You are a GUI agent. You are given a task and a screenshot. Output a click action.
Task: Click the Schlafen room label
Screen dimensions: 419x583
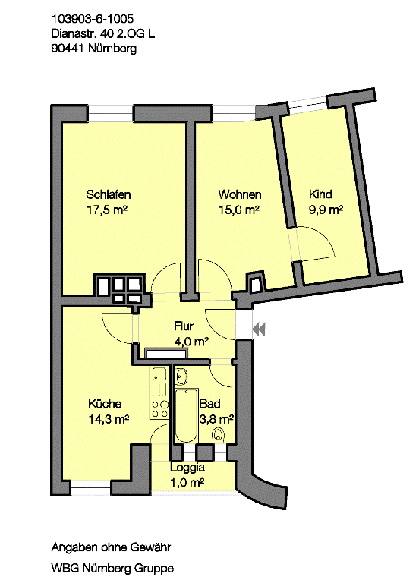[109, 194]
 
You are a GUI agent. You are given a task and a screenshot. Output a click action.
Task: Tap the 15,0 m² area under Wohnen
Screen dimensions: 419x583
[238, 210]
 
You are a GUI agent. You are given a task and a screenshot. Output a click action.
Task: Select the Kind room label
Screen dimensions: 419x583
[320, 194]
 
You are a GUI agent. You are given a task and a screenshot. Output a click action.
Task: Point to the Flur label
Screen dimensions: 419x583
[184, 326]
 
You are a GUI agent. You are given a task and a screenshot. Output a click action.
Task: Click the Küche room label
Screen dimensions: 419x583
[105, 403]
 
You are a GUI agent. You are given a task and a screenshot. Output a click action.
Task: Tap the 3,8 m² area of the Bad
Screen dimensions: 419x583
[217, 419]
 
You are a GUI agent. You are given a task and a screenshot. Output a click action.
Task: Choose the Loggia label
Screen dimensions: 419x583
[187, 468]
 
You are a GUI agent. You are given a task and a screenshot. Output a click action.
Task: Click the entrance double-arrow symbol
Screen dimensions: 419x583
[259, 329]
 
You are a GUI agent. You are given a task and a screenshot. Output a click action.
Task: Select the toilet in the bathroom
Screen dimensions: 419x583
[219, 434]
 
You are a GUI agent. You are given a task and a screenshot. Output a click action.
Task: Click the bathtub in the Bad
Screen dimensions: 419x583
[187, 416]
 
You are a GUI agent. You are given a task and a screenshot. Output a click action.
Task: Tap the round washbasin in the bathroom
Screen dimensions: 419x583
[182, 377]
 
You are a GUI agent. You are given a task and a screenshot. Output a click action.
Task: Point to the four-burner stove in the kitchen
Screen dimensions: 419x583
[159, 409]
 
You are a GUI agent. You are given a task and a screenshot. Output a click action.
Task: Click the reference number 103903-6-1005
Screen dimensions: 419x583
[92, 19]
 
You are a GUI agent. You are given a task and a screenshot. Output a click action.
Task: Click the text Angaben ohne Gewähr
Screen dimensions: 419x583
[111, 547]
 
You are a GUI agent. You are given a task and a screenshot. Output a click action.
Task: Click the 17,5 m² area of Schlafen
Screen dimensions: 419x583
[107, 210]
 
